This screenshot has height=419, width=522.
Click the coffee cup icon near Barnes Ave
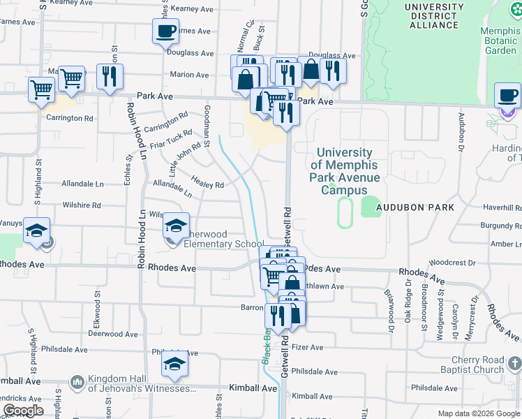tap(165, 31)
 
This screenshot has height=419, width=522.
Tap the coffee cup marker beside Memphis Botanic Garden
tap(507, 95)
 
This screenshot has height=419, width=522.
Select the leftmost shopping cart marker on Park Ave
tap(41, 90)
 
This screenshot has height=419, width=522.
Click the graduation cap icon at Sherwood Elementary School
tap(176, 226)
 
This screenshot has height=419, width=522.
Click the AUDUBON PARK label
tap(415, 207)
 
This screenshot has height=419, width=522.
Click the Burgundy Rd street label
tap(497, 226)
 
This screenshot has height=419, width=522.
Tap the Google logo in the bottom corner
tap(22, 411)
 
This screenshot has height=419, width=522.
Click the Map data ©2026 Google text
tap(478, 413)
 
